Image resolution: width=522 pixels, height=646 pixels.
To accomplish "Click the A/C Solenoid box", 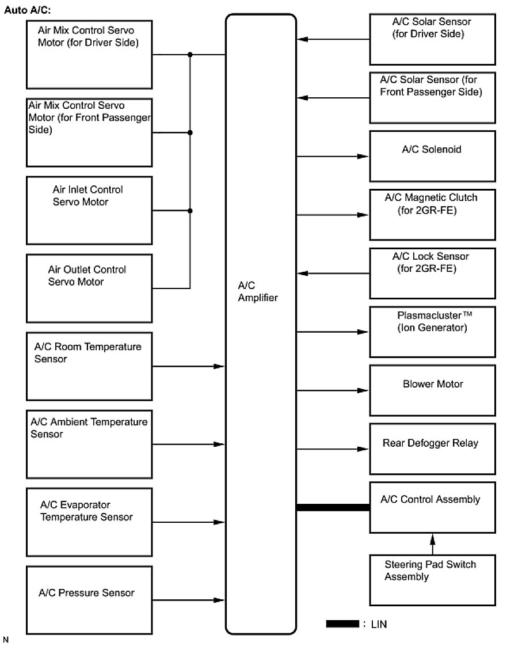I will coord(432,156).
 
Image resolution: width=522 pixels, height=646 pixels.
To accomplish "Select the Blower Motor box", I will coord(432,390).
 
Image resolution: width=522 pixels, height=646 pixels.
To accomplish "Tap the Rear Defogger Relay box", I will coord(432,450).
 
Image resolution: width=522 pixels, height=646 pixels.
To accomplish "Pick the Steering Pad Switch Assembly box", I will coord(432,580).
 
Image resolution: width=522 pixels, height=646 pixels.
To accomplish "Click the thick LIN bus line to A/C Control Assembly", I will coord(333,507).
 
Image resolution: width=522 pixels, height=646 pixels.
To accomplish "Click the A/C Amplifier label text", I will coord(258,291).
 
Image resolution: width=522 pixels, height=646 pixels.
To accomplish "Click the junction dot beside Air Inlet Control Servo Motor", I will coord(190,211).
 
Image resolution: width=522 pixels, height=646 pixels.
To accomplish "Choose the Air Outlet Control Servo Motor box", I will coord(89,288).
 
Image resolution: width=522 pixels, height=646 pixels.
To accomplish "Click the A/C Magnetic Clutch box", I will coord(432,215).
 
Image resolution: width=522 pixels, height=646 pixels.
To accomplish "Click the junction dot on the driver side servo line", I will coord(190,55).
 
